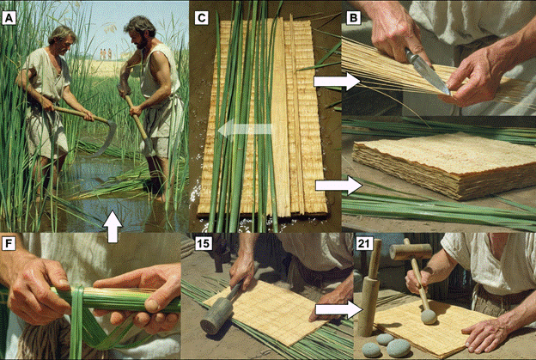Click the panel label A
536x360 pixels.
(x=9, y=18)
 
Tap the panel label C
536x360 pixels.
(x=202, y=18)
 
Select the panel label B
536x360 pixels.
(x=354, y=18)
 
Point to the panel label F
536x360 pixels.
(x=9, y=243)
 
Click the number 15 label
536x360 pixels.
(x=204, y=243)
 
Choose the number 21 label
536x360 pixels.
(x=364, y=243)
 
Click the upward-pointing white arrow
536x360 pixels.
(x=113, y=227)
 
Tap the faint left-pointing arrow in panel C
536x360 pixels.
(x=245, y=129)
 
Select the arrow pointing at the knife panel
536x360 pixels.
(x=337, y=82)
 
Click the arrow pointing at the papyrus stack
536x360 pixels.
(x=338, y=186)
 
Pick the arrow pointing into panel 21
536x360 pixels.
(x=338, y=310)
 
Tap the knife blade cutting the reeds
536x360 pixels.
(x=428, y=72)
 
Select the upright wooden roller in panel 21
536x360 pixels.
(x=369, y=288)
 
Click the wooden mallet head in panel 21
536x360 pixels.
(x=411, y=252)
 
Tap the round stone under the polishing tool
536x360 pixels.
(x=429, y=317)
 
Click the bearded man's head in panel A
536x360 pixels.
(x=139, y=33)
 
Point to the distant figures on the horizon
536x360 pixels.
(x=106, y=54)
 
